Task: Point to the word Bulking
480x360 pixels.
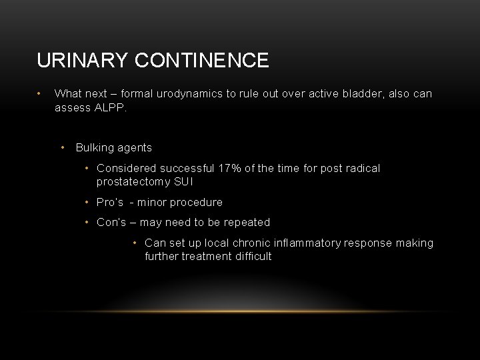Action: click(x=94, y=147)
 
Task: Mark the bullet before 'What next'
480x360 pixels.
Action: click(x=41, y=94)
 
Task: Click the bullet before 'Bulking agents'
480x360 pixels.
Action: click(x=62, y=147)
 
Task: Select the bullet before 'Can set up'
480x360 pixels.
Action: click(x=135, y=243)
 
